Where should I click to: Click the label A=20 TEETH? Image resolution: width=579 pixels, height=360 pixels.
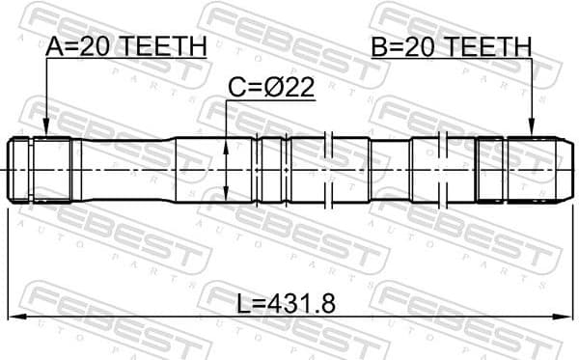tap(125, 45)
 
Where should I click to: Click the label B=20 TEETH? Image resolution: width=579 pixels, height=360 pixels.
tap(451, 45)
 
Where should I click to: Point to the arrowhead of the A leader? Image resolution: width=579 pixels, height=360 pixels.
tap(46, 134)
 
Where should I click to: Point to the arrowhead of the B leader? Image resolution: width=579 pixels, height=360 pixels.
tap(532, 134)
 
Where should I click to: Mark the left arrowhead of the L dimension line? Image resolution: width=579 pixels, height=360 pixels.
tap(14, 318)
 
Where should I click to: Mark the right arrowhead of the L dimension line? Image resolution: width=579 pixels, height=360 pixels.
tap(565, 318)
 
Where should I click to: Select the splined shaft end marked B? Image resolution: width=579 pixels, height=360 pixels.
tap(521, 169)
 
